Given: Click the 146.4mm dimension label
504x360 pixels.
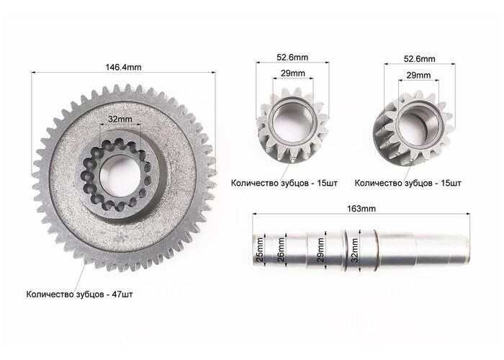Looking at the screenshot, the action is (123, 67).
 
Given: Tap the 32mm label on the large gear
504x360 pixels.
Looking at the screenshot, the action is (120, 119).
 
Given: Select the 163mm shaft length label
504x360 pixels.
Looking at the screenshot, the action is (361, 209).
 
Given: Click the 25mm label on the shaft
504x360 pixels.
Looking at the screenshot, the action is (259, 249).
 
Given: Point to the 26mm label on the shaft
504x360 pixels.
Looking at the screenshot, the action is (281, 249).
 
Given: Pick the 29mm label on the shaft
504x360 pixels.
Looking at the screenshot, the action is (320, 250).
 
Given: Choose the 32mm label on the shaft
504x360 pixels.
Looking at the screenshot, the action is (354, 251).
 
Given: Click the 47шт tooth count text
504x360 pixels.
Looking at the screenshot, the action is (122, 294).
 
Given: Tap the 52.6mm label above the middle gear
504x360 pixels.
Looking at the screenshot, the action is (292, 57).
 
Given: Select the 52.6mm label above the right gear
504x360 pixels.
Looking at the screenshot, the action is (420, 59).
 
